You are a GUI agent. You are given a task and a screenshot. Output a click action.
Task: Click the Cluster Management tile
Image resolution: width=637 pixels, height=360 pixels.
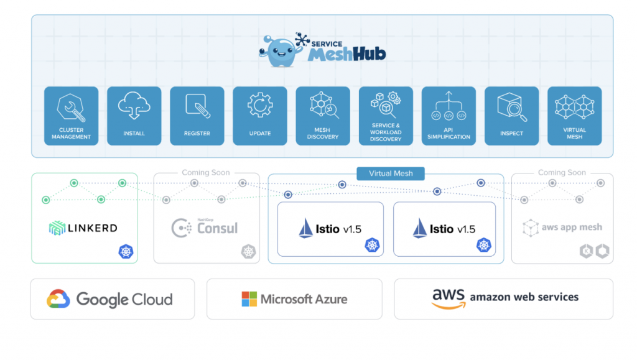pyautogui.click(x=71, y=116)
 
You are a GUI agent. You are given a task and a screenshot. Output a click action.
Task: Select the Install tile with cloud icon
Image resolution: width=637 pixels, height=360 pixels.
pyautogui.click(x=134, y=116)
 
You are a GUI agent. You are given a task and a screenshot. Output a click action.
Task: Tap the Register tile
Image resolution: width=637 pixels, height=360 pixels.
pyautogui.click(x=197, y=116)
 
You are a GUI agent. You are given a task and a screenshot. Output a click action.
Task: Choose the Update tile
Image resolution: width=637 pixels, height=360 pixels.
pyautogui.click(x=260, y=116)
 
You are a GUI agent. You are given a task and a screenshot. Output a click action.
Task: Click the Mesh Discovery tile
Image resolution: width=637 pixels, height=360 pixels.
pyautogui.click(x=323, y=116)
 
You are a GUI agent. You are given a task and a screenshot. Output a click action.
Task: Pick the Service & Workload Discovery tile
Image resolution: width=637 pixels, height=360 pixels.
pyautogui.click(x=386, y=116)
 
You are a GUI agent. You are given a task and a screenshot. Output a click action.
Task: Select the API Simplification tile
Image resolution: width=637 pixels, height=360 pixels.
pyautogui.click(x=449, y=116)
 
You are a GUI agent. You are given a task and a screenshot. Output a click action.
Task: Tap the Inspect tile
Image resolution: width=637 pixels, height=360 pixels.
pyautogui.click(x=511, y=116)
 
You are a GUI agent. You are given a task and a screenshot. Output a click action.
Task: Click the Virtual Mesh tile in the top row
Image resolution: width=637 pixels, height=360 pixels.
pyautogui.click(x=574, y=116)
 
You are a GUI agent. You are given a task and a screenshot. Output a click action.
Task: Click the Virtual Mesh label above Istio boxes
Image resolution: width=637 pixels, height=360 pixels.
pyautogui.click(x=391, y=173)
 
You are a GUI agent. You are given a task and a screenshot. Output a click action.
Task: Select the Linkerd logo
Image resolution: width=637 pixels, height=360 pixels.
pyautogui.click(x=83, y=228)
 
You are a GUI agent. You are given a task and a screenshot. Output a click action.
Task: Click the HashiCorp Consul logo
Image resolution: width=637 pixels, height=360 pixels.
pyautogui.click(x=205, y=228)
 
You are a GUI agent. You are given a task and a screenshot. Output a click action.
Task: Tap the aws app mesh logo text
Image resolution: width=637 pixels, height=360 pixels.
pyautogui.click(x=562, y=228)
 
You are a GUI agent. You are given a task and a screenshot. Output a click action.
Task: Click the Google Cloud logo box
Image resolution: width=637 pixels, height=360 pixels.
pyautogui.click(x=112, y=299)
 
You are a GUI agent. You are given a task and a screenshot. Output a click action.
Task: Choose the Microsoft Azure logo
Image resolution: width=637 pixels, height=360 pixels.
pyautogui.click(x=294, y=299)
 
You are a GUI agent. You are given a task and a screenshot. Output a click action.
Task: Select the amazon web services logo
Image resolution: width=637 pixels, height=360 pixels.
pyautogui.click(x=504, y=297)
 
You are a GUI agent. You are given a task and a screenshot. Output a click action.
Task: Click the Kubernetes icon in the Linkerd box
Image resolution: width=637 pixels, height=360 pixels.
pyautogui.click(x=126, y=252)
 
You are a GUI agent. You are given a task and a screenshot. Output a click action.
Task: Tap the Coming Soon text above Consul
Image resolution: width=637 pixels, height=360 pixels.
pyautogui.click(x=205, y=172)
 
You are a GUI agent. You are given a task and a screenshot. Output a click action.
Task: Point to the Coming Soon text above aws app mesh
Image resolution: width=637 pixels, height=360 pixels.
pyautogui.click(x=562, y=172)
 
